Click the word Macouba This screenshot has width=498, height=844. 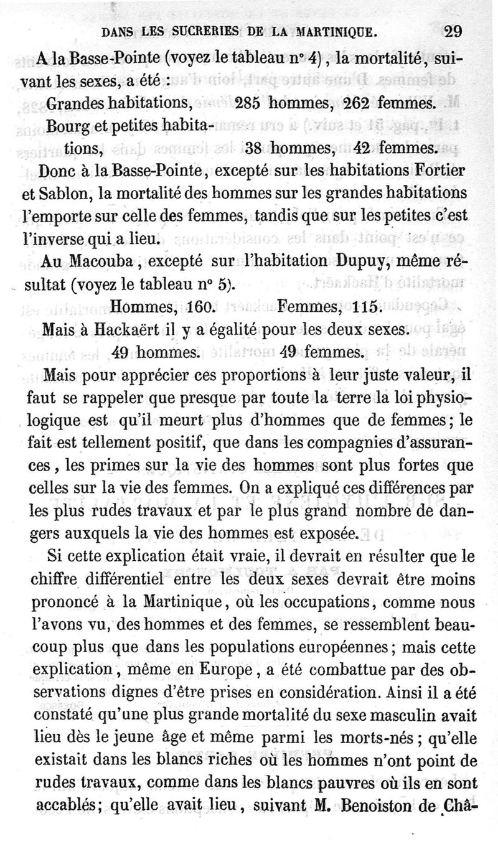coord(96,261)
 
